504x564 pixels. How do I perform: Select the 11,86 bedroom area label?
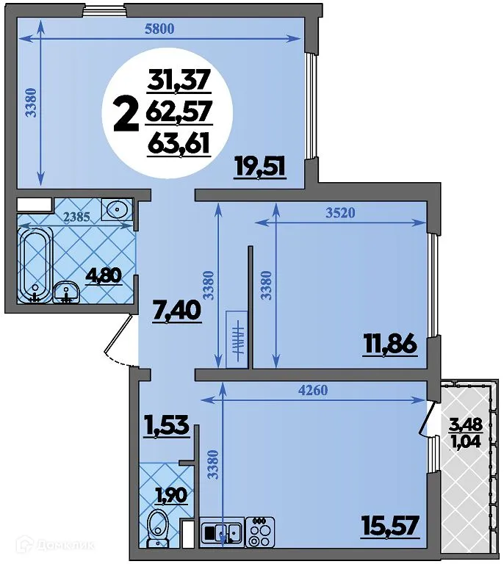pyautogui.click(x=389, y=344)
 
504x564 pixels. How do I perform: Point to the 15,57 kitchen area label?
pyautogui.click(x=389, y=526)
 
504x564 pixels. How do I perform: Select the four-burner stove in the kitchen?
pyautogui.click(x=259, y=531)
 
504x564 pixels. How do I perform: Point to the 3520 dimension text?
pyautogui.click(x=340, y=214)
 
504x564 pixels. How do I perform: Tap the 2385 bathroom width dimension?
pyautogui.click(x=76, y=217)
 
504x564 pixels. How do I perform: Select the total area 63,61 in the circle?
pyautogui.click(x=179, y=142)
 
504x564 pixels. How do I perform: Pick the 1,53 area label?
pyautogui.click(x=167, y=425)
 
